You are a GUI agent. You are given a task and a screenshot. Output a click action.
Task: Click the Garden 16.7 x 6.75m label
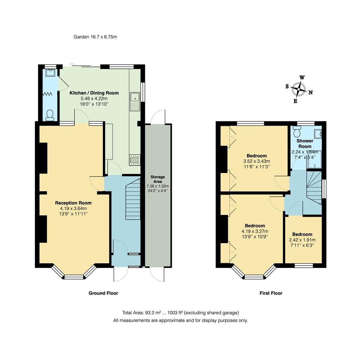tap(95, 37)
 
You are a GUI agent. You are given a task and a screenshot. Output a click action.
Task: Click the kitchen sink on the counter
tap(135, 97)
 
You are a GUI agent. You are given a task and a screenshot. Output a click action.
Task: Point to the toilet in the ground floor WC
tap(50, 115)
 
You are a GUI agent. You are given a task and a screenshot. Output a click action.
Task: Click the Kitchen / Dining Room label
tap(94, 93)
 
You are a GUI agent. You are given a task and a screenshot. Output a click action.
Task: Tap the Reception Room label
tap(73, 203)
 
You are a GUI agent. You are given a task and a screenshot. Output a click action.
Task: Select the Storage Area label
tap(158, 179)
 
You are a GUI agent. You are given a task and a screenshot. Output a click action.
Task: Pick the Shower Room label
tap(305, 144)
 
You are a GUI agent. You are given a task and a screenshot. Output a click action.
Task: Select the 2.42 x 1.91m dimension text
tap(302, 240)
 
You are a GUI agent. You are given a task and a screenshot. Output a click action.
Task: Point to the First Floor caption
tap(271, 293)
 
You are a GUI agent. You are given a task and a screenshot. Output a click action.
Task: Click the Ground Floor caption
tap(103, 293)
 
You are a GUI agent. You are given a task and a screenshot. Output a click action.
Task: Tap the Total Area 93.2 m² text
tap(180, 313)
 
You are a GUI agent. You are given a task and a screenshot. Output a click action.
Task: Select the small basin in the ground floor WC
tap(50, 72)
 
